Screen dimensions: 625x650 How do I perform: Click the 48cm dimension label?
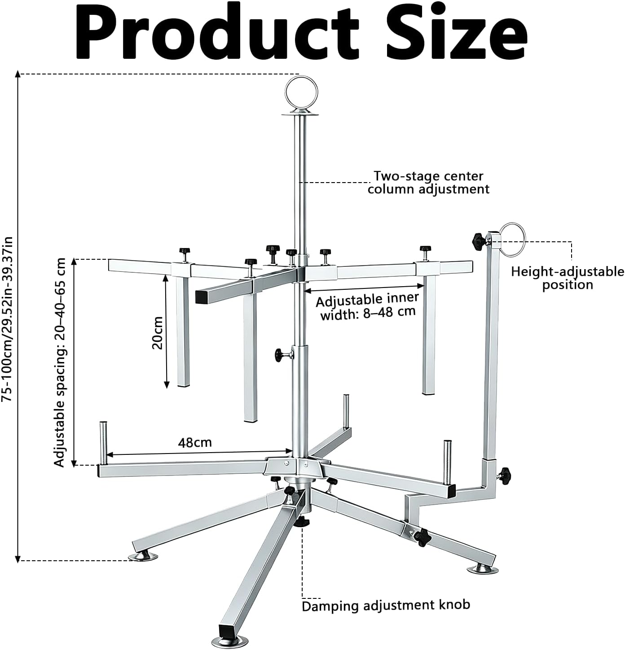point(194,443)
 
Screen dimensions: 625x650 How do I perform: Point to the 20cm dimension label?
point(157,333)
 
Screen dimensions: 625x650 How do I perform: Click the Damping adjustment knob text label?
point(386,605)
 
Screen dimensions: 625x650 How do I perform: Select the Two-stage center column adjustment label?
point(428,183)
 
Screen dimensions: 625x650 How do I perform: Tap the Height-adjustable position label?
point(568,278)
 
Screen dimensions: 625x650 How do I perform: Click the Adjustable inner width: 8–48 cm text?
point(367,307)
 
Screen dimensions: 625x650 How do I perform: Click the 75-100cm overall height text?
point(7,319)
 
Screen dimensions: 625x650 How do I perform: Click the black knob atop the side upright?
point(477,240)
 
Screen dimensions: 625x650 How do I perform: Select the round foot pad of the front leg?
point(230,641)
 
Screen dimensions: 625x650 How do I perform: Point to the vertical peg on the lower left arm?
point(103,443)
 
